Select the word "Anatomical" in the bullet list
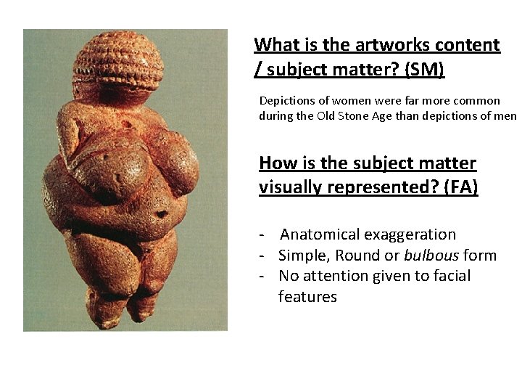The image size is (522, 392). (320, 234)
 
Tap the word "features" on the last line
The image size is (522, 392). (307, 297)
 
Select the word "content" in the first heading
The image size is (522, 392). (464, 45)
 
